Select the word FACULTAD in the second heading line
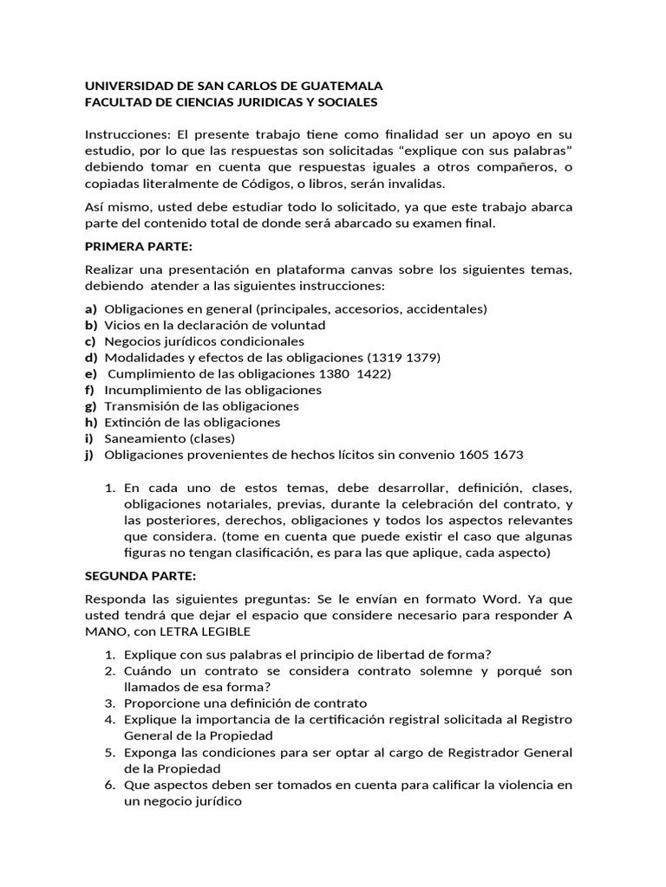point(116,102)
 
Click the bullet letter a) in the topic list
point(90,309)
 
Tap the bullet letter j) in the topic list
point(89,455)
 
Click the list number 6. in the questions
point(110,786)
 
